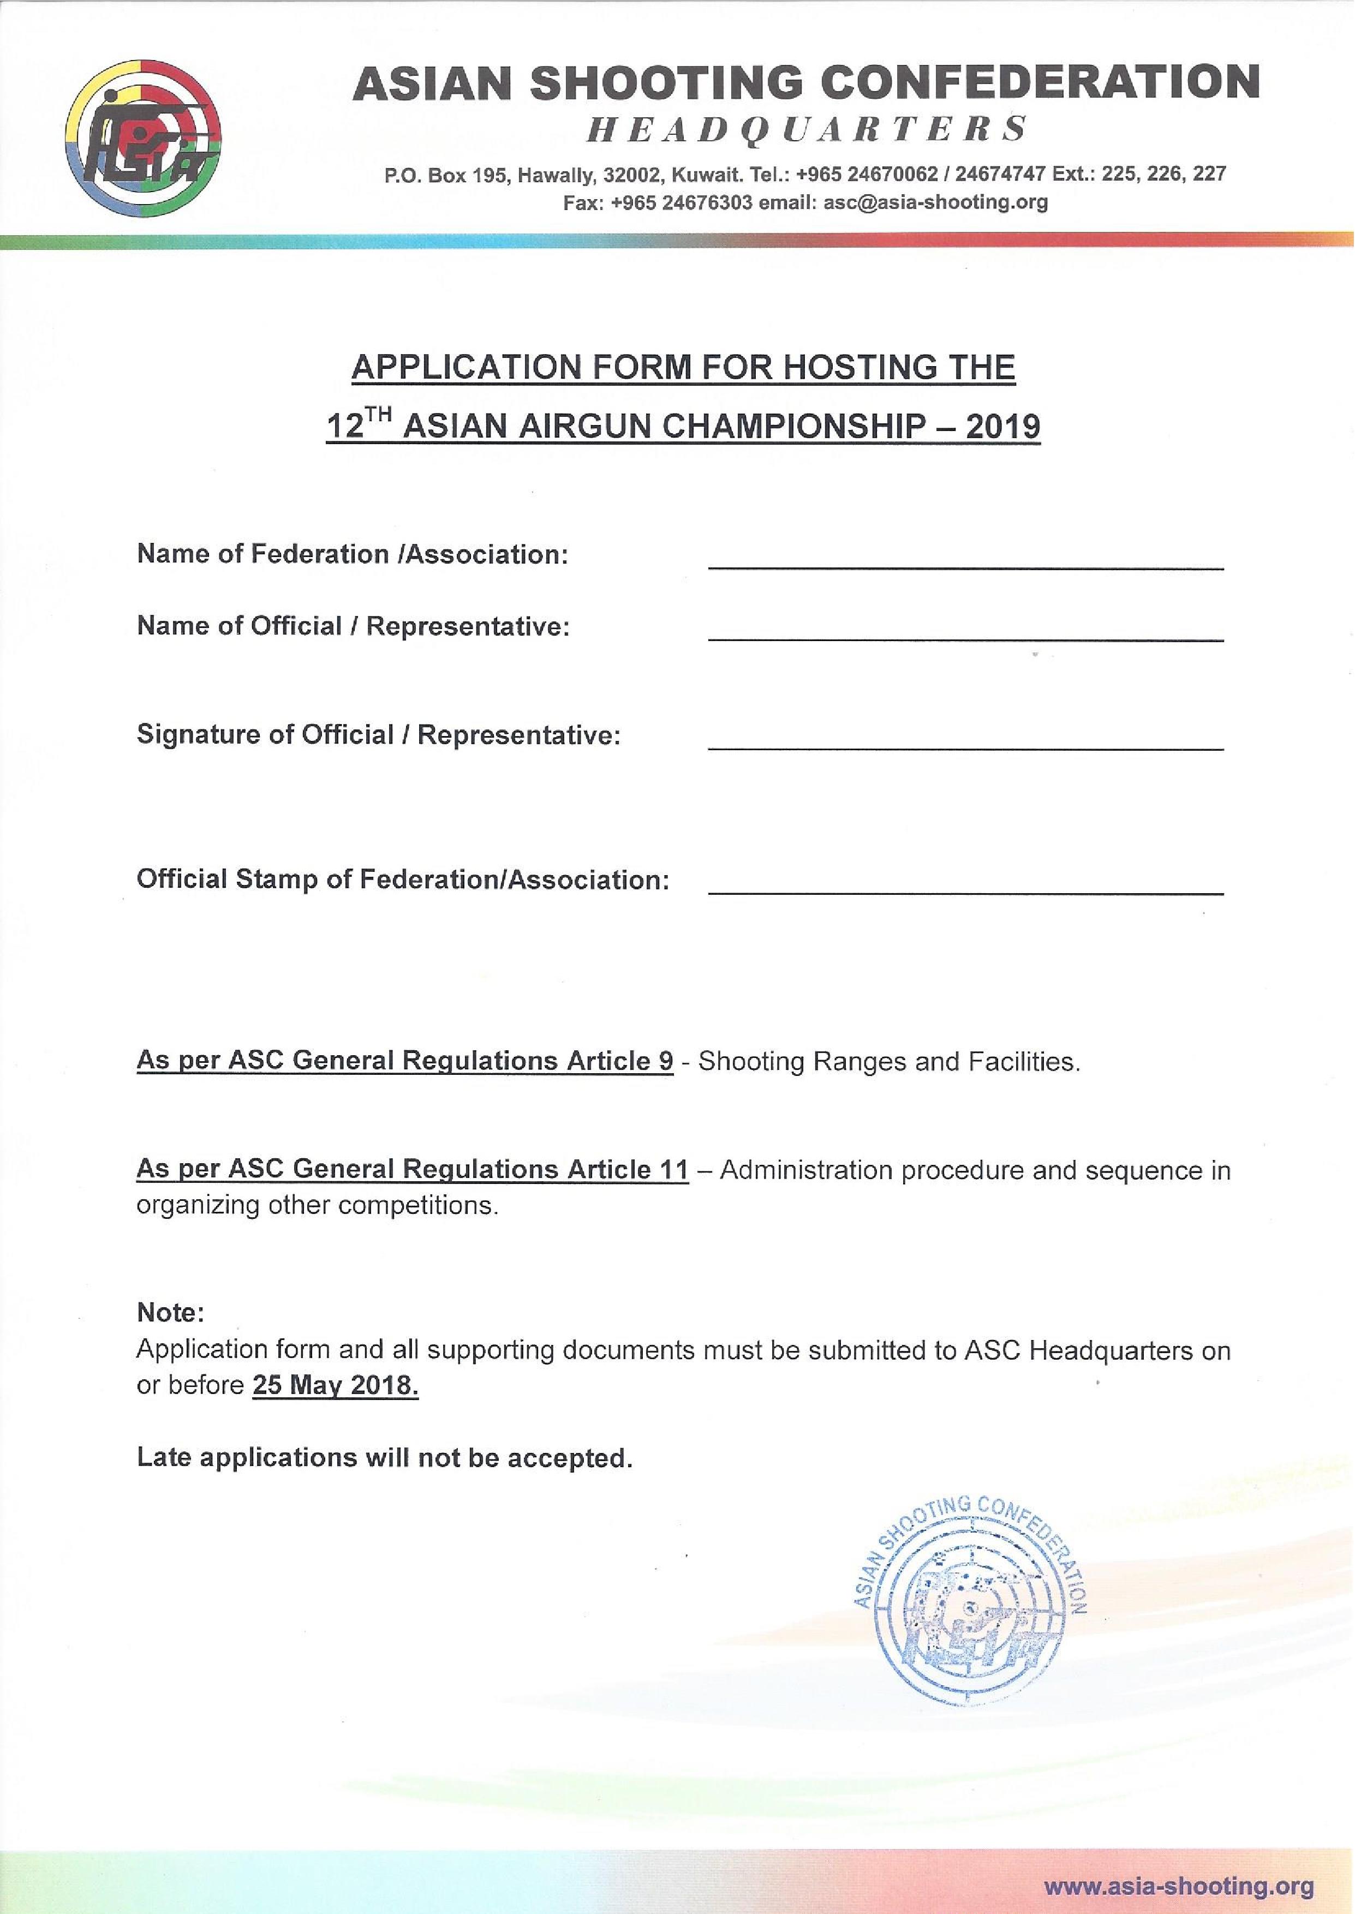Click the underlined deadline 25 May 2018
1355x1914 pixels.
(x=335, y=1385)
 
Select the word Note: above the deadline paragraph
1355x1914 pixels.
(x=170, y=1313)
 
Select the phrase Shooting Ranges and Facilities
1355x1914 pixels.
(x=888, y=1062)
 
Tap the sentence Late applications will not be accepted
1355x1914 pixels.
(x=385, y=1457)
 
